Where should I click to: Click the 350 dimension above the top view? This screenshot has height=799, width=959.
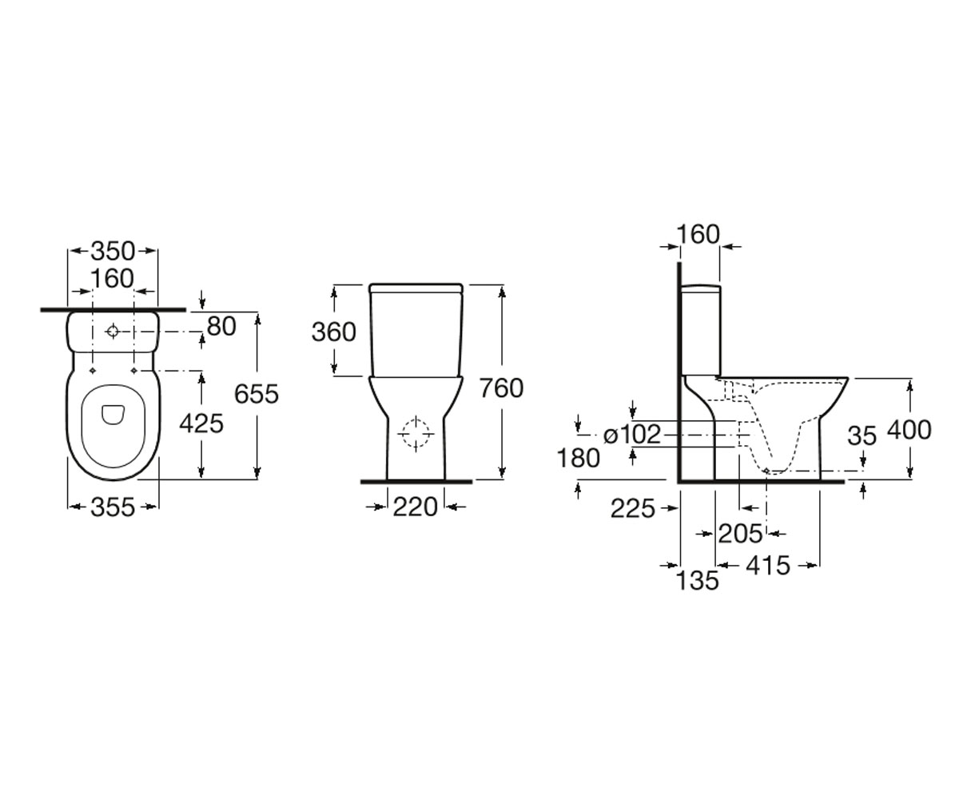(113, 251)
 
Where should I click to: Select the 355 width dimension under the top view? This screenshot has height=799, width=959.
(113, 507)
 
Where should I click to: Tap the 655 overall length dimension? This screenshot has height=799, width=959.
(257, 394)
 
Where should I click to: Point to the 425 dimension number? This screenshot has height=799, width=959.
(201, 423)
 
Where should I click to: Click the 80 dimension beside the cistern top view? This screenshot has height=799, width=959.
(221, 327)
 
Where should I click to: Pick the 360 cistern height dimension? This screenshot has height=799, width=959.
(334, 332)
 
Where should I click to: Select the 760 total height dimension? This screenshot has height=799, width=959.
(502, 388)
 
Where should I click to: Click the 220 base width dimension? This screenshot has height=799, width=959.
(416, 507)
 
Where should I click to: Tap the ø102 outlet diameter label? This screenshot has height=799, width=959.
(631, 434)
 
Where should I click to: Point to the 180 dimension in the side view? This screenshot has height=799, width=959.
(579, 458)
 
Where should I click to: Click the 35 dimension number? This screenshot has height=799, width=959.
(862, 435)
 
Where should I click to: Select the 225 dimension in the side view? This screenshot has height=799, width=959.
(632, 509)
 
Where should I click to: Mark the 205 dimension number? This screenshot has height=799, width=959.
(740, 534)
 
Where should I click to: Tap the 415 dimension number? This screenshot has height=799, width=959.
(768, 565)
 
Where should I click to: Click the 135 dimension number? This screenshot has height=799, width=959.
(698, 580)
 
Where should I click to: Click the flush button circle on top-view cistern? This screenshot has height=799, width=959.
(113, 331)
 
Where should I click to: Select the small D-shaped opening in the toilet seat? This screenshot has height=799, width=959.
(112, 415)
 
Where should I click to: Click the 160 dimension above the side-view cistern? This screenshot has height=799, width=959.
(698, 235)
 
